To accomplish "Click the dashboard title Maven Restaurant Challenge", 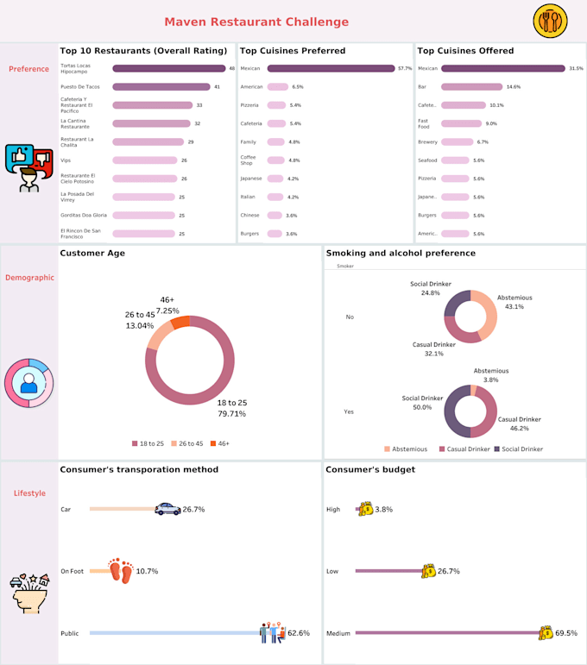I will [256, 22].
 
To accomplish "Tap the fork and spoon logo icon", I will [550, 21].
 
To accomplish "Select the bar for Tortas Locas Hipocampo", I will [168, 68].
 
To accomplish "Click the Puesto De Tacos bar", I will [161, 87].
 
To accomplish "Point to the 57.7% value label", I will [404, 68].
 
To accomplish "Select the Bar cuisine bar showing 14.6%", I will [471, 87].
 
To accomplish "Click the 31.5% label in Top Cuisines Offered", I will [576, 68].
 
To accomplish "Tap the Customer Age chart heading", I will [92, 253].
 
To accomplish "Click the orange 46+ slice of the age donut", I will [180, 323].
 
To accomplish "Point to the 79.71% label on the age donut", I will [231, 414].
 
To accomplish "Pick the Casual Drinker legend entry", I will [465, 449].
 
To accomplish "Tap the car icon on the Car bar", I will [167, 510].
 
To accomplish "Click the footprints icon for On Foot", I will [122, 570].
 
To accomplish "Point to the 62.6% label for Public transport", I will [299, 633].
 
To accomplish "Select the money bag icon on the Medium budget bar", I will [545, 633].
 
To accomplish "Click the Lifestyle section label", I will [29, 493].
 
